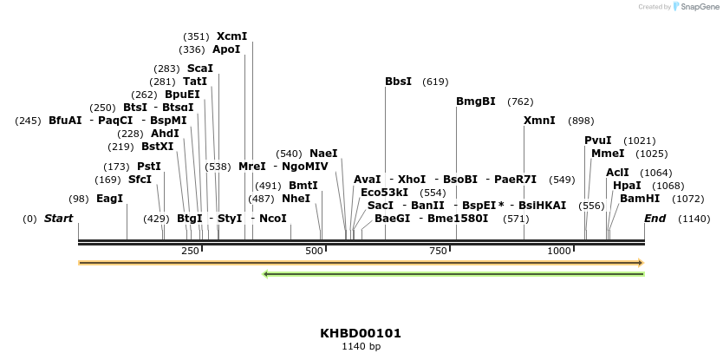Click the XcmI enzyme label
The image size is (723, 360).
[x=231, y=36]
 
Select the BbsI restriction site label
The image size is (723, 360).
[x=398, y=82]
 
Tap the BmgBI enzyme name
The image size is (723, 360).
[x=475, y=101]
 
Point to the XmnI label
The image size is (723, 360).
[x=539, y=121]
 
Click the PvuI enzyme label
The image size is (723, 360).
[x=597, y=141]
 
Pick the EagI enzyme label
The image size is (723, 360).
[x=109, y=199]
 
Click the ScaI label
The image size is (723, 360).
[x=199, y=69]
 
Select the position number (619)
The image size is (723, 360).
[x=435, y=82]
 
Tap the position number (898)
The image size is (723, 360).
[x=581, y=121]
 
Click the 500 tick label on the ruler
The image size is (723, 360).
[x=314, y=251]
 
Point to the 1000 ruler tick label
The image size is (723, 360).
[x=558, y=251]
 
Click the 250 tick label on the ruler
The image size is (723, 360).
[x=190, y=251]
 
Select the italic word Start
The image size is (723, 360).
[x=58, y=219]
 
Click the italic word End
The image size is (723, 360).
[x=655, y=219]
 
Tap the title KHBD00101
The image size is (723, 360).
[x=361, y=333]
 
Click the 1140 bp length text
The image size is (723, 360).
[x=361, y=347]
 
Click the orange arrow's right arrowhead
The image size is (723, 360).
[x=640, y=262]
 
